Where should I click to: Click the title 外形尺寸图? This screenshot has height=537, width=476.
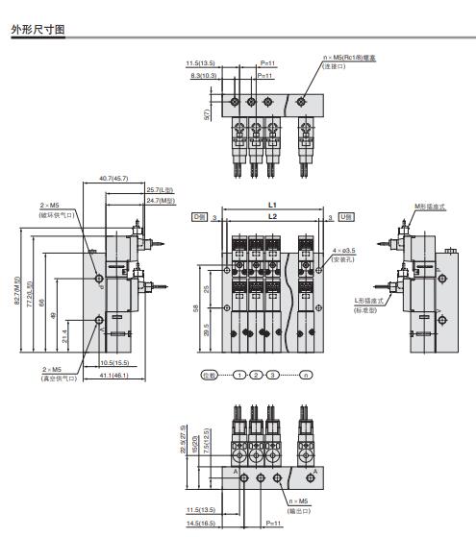click(38, 30)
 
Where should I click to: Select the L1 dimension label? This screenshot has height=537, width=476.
click(272, 206)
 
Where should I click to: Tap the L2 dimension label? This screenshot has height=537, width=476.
click(272, 218)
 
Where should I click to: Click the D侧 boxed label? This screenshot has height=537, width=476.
click(200, 219)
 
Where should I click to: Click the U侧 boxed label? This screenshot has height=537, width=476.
click(345, 219)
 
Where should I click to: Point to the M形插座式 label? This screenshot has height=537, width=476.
click(427, 206)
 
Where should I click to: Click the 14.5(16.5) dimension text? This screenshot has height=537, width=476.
click(202, 523)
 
